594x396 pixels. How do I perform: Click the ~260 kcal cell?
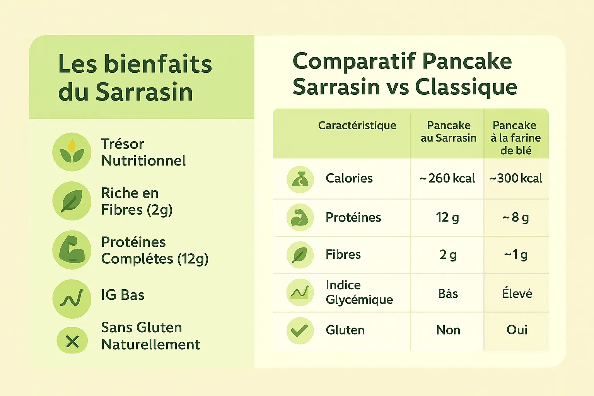[x=447, y=178]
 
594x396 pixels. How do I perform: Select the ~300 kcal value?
[x=515, y=178]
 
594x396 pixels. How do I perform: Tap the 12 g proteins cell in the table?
[x=447, y=217]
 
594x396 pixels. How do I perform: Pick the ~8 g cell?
[x=515, y=217]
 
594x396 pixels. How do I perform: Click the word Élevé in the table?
[x=517, y=294]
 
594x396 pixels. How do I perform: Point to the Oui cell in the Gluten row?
[x=517, y=330]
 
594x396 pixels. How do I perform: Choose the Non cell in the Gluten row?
[x=448, y=330]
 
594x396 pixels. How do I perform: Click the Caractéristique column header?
[x=357, y=125]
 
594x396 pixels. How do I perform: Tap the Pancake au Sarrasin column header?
[x=448, y=131]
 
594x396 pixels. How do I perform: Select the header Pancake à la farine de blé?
[x=515, y=138]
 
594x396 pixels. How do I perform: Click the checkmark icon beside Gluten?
[x=300, y=331]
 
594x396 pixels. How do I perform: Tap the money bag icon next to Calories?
[x=300, y=179]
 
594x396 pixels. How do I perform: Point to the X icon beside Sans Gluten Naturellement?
[x=72, y=341]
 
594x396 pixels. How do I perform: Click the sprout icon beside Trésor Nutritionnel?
[x=72, y=152]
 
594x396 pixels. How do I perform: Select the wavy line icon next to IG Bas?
[x=72, y=299]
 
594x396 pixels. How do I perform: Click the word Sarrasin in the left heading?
[x=144, y=92]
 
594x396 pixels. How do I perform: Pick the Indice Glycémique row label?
[x=359, y=292]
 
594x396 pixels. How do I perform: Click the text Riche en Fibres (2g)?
[x=137, y=201]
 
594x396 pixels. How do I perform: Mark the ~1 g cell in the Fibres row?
[x=515, y=254]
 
